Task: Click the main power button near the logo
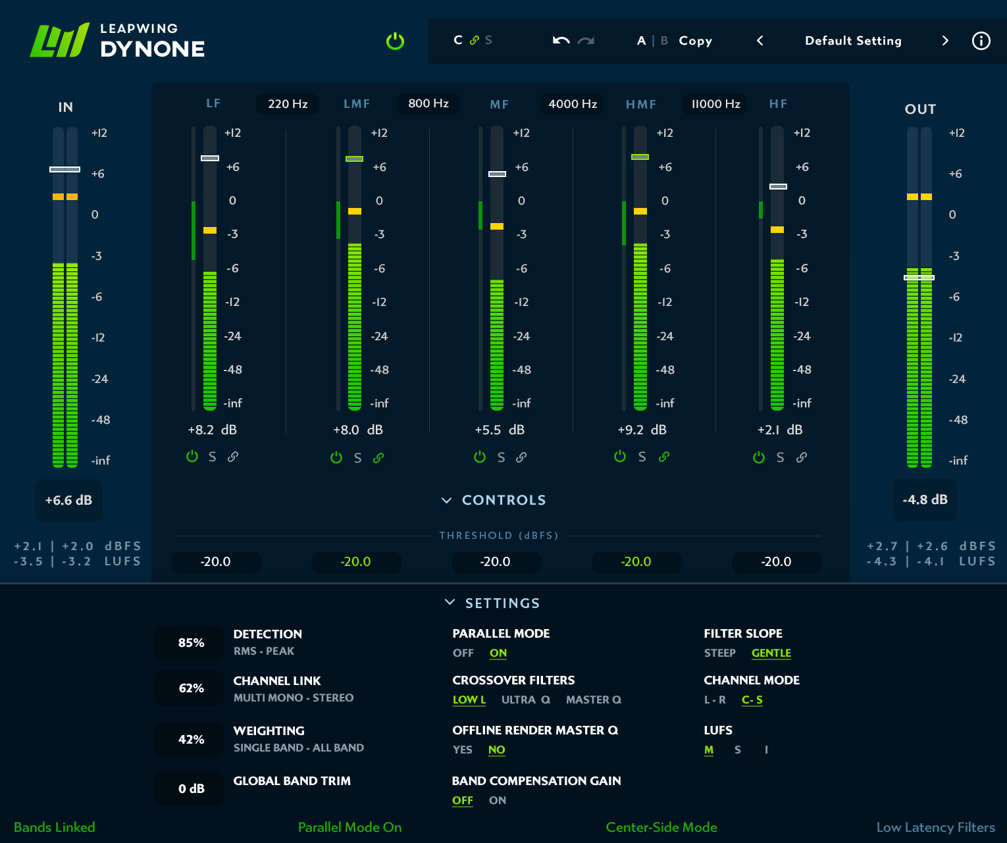click(395, 41)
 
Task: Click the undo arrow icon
click(561, 41)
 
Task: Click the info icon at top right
click(981, 41)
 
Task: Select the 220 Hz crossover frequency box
click(288, 104)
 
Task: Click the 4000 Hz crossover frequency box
click(573, 104)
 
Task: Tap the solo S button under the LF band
click(213, 457)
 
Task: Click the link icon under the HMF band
click(664, 457)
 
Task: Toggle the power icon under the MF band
click(480, 457)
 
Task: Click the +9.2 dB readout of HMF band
click(642, 430)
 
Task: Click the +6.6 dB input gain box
click(68, 500)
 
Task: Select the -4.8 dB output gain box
click(925, 499)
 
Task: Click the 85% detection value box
click(191, 643)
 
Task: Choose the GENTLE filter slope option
click(771, 653)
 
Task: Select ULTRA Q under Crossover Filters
click(525, 700)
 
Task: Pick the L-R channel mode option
click(715, 700)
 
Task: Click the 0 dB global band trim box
click(191, 788)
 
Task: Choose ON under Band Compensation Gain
click(498, 800)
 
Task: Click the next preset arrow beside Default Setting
click(945, 41)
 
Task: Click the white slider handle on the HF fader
click(778, 187)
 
